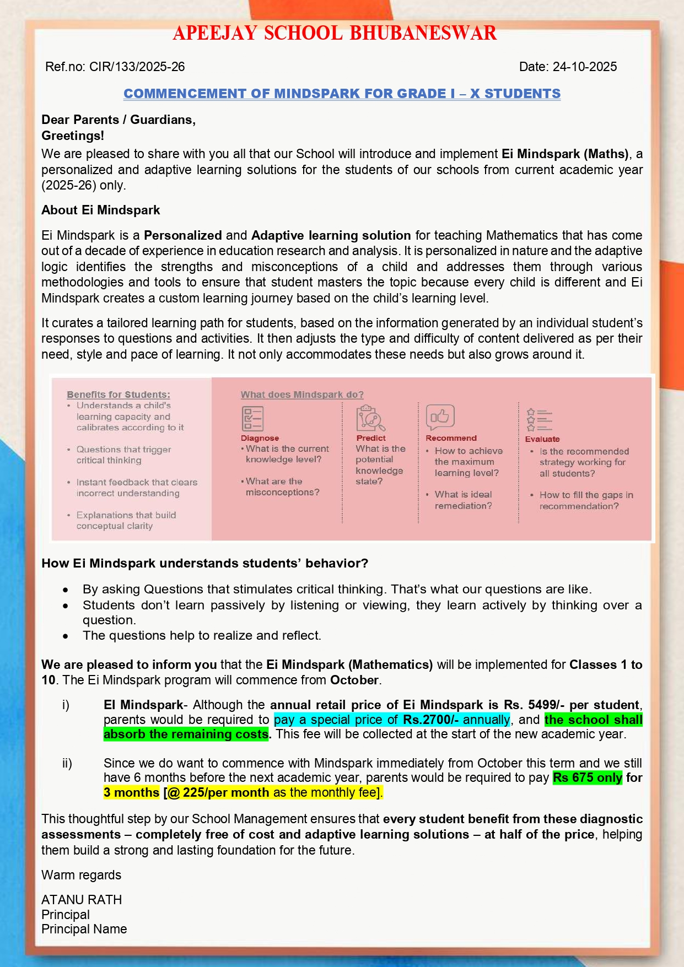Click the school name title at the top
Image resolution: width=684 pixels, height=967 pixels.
tap(335, 34)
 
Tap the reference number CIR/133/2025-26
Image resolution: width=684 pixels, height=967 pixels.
tap(115, 67)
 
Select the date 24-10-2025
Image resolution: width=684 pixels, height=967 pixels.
tap(568, 67)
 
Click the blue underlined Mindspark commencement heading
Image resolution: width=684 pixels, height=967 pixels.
tap(342, 94)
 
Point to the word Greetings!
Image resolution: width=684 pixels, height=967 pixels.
tap(73, 136)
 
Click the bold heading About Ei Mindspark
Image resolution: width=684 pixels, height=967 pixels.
tap(100, 210)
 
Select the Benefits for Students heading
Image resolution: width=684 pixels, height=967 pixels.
tap(119, 395)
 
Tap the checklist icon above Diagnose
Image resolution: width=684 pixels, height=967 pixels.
tap(252, 418)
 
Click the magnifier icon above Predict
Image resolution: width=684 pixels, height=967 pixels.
tap(370, 418)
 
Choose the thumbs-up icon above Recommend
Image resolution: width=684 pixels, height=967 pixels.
tap(440, 417)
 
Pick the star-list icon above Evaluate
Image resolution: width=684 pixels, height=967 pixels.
tap(539, 420)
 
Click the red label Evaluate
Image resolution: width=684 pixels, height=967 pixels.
tap(542, 439)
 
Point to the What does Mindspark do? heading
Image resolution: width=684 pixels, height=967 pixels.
tap(302, 395)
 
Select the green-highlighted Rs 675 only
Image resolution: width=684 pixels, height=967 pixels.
tap(588, 777)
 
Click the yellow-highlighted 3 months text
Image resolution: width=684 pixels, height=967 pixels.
tap(131, 792)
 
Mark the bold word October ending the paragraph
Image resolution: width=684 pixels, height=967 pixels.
tap(354, 680)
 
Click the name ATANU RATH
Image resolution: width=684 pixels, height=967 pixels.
tap(82, 900)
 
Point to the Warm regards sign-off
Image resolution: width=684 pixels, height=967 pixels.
tap(82, 875)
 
